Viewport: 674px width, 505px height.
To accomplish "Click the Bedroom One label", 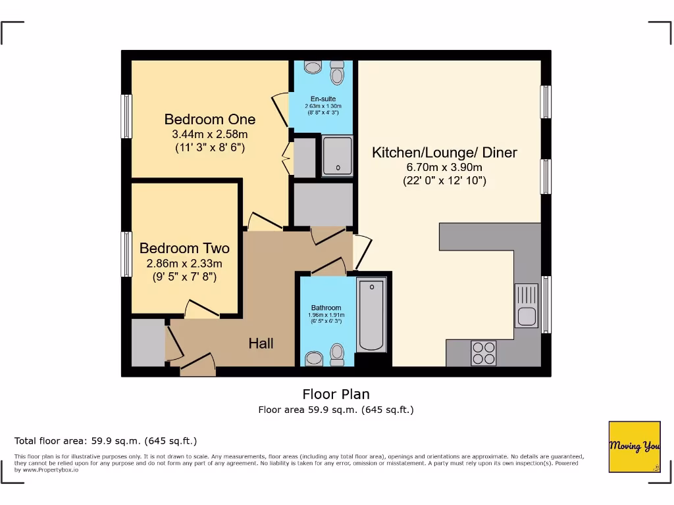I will [x=209, y=120].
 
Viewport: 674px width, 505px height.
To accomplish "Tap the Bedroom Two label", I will [x=184, y=249].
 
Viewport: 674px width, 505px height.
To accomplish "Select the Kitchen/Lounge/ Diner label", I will [x=444, y=153].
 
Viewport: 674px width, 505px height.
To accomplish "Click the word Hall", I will [x=261, y=343].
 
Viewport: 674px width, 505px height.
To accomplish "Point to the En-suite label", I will [x=323, y=99].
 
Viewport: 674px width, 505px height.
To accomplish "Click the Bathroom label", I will [x=326, y=308].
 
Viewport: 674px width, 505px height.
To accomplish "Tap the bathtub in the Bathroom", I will [x=372, y=314].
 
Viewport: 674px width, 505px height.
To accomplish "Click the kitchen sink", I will [x=527, y=305].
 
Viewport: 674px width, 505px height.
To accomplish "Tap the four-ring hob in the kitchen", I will [x=484, y=353].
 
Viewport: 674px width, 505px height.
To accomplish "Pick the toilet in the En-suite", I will [x=338, y=72].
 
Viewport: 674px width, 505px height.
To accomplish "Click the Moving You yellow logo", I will [x=635, y=446].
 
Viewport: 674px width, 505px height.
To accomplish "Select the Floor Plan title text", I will [x=336, y=395].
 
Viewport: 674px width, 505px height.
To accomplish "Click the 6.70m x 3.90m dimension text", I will [x=444, y=167].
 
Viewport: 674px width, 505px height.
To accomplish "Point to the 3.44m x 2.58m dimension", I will [x=209, y=134].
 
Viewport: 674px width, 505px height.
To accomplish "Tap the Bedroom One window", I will [x=126, y=116].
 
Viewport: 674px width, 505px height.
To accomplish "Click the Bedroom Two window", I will [x=126, y=254].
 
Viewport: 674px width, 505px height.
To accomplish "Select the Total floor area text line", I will [x=105, y=441].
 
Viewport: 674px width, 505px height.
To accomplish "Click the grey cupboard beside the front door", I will [x=147, y=342].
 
